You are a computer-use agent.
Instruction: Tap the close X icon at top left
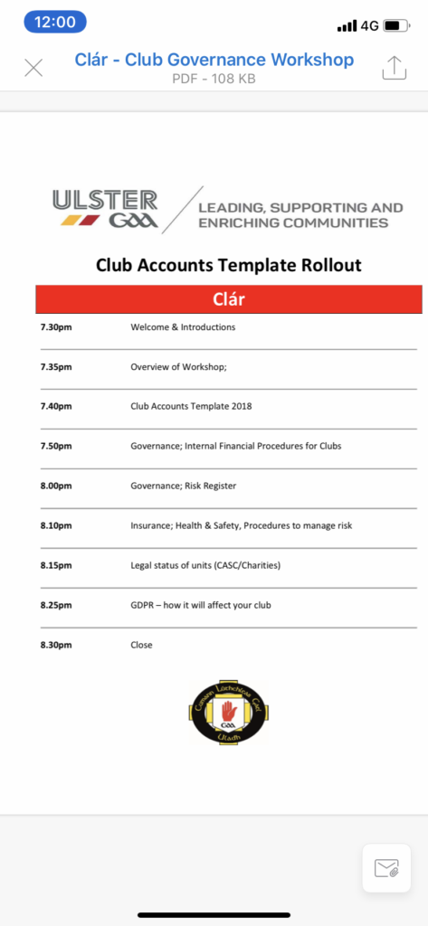(x=33, y=68)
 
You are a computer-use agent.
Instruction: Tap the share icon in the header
(x=395, y=68)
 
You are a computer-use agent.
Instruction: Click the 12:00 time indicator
(x=55, y=23)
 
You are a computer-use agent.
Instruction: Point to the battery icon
(x=396, y=25)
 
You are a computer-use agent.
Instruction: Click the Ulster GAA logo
(x=105, y=208)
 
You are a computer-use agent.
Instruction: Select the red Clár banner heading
(x=229, y=298)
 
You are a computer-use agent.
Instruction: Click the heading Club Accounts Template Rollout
(x=229, y=265)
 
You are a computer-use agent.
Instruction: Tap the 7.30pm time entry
(x=56, y=327)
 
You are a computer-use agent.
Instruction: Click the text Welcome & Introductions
(x=183, y=327)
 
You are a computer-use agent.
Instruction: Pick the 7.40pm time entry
(x=56, y=406)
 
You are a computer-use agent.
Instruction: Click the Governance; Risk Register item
(x=184, y=486)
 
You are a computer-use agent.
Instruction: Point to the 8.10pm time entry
(x=56, y=525)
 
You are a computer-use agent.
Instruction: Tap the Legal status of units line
(x=205, y=565)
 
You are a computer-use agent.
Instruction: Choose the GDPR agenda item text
(x=201, y=605)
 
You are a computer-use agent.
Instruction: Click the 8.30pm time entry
(x=56, y=645)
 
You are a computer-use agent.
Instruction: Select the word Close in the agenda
(x=142, y=645)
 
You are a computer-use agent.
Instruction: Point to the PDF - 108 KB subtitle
(x=214, y=79)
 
